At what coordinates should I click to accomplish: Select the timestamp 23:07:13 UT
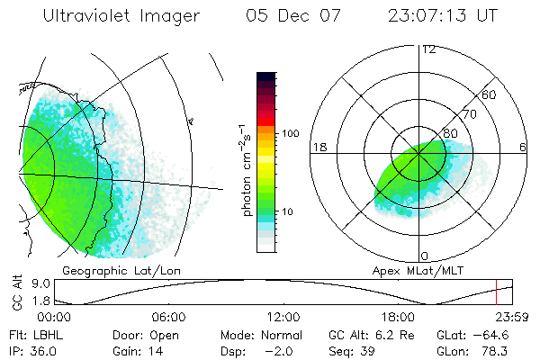[x=443, y=17]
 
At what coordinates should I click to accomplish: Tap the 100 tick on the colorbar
[x=289, y=133]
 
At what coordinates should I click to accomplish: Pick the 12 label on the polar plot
[x=428, y=49]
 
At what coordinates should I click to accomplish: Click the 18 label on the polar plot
[x=319, y=147]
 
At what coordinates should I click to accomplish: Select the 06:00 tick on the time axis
[x=168, y=317]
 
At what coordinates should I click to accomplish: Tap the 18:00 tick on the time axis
[x=398, y=317]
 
